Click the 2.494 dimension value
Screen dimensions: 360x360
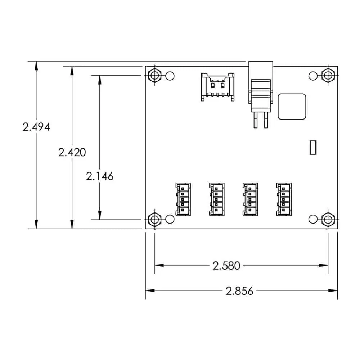(x=36, y=127)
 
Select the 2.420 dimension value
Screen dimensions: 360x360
(x=72, y=152)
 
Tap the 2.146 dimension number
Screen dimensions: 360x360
(x=100, y=176)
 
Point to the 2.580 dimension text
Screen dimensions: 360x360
(x=226, y=266)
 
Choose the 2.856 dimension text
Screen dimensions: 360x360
(x=239, y=291)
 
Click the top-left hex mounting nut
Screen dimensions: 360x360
(x=154, y=75)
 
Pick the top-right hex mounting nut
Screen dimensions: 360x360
(x=328, y=75)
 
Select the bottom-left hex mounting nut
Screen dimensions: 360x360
(x=154, y=220)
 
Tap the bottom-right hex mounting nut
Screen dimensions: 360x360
(x=328, y=220)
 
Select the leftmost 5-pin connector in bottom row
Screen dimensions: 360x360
(x=183, y=199)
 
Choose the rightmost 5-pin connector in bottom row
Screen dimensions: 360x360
(x=284, y=199)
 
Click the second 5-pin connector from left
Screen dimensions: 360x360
(x=217, y=199)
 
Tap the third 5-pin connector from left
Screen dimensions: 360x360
(x=250, y=199)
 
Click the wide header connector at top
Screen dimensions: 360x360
(x=218, y=87)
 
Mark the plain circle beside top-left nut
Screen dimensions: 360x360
(x=170, y=76)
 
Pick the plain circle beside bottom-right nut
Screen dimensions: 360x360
(x=313, y=219)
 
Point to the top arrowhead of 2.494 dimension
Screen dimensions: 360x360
(x=36, y=66)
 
